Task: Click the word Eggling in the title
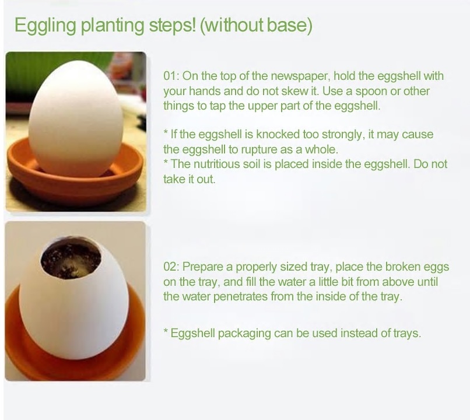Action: coord(45,26)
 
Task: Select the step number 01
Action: coord(170,76)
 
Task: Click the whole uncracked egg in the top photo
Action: coord(76,118)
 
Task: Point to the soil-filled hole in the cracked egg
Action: coord(71,258)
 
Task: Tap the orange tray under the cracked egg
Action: coord(75,345)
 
